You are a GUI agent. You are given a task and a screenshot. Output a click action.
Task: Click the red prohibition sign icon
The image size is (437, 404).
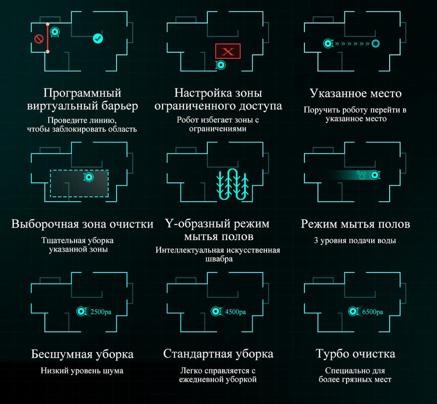pos(39,39)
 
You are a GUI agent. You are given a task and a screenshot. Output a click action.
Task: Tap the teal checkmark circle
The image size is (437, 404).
pos(98,38)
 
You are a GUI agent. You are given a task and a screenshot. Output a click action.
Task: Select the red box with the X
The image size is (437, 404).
pos(228,51)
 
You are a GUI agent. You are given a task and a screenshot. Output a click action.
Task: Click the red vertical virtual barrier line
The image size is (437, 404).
pos(48,38)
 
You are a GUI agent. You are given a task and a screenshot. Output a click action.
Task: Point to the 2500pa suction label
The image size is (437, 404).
pos(101,311)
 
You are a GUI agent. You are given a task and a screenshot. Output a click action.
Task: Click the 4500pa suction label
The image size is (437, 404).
pos(235,311)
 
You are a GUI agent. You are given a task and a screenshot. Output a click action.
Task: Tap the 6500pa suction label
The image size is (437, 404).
pos(372,311)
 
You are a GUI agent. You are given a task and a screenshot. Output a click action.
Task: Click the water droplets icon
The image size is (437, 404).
pos(361,175)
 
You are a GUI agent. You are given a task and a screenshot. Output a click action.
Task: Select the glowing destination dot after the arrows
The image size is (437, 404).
pos(376,43)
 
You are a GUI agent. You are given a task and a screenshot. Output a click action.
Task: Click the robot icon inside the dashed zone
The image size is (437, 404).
pos(89,177)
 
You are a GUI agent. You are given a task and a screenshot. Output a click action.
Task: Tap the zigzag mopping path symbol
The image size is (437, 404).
pos(232,184)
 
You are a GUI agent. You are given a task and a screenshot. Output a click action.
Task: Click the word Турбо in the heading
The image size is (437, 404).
pos(329,354)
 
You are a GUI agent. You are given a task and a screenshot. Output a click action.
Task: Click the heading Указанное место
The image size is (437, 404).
pos(356,93)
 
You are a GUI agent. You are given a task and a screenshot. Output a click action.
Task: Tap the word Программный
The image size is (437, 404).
pos(82,93)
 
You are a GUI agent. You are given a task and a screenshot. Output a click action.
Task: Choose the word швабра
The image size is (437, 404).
pos(219,259)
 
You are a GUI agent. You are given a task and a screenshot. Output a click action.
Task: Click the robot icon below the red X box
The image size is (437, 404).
pos(221,65)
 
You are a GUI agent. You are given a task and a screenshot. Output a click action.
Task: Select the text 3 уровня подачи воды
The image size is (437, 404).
pos(355,240)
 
